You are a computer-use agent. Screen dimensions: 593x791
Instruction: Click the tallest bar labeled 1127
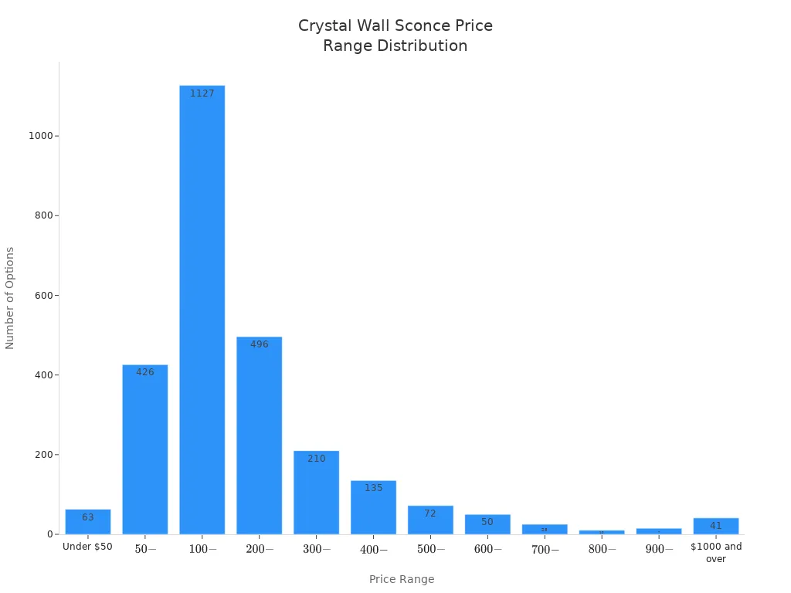point(202,309)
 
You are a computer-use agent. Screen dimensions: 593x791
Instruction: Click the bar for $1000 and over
point(715,526)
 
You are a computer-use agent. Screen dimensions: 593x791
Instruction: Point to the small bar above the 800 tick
point(602,532)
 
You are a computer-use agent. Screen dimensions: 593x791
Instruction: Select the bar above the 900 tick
point(659,531)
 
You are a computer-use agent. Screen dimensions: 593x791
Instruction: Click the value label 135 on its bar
point(373,488)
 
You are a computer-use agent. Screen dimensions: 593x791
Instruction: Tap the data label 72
point(430,513)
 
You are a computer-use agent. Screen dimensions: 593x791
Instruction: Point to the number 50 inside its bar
point(487,522)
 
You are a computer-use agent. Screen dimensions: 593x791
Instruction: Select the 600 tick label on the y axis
point(43,296)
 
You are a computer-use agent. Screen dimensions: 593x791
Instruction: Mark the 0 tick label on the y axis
point(49,534)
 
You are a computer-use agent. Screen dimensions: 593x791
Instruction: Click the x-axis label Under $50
point(87,547)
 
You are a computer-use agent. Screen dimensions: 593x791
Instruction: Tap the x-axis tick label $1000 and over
point(715,552)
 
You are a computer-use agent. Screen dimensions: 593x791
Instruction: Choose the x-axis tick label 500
point(430,549)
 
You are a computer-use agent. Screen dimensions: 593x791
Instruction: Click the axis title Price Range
point(402,579)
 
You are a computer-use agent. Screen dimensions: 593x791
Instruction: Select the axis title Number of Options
point(10,298)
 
